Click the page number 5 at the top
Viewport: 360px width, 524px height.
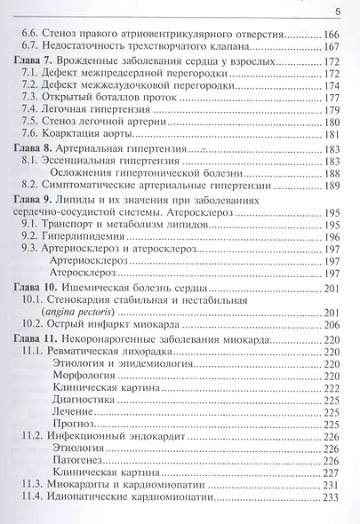pyautogui.click(x=337, y=11)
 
